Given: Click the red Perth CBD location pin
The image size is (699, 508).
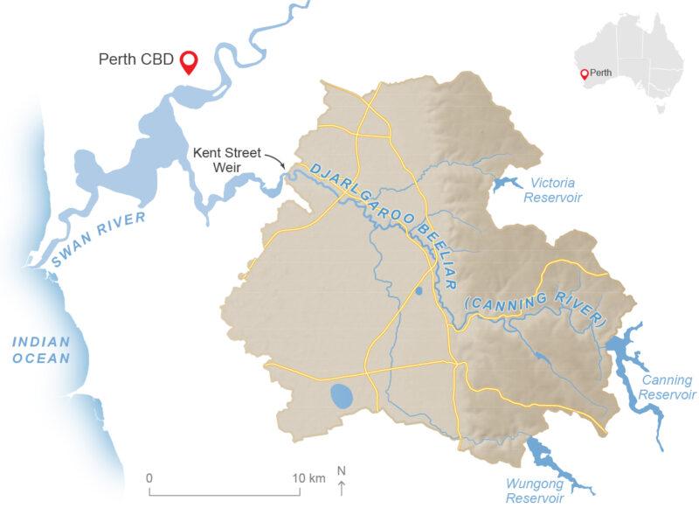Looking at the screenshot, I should click(x=188, y=60).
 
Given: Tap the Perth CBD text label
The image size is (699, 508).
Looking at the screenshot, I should click(x=135, y=61).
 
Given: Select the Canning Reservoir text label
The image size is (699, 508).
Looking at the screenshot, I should click(x=667, y=386).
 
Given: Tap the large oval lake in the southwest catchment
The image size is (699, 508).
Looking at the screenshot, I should click(x=342, y=398).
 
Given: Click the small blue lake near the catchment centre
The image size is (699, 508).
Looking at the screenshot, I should click(x=418, y=290).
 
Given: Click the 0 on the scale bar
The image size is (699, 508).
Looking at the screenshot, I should click(x=149, y=477).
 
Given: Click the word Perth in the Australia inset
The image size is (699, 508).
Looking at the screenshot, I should click(x=601, y=73).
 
